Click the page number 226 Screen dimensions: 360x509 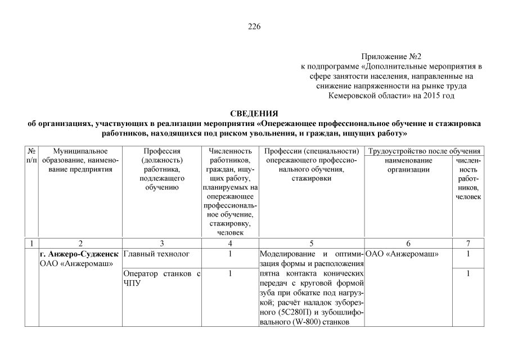point(254,27)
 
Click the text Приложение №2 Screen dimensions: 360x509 point(391,57)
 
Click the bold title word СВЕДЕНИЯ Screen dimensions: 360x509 point(254,114)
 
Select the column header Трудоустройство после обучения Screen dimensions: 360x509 point(424,151)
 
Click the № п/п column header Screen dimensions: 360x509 point(32,156)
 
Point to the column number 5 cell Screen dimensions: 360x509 point(311,244)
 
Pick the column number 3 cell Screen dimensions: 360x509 point(161,244)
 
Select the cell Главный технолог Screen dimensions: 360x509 point(149,254)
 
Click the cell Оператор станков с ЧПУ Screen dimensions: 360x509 point(161,278)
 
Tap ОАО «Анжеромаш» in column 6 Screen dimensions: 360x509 point(402,254)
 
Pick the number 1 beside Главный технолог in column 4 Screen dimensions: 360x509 point(230,254)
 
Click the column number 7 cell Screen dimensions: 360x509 point(468,244)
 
